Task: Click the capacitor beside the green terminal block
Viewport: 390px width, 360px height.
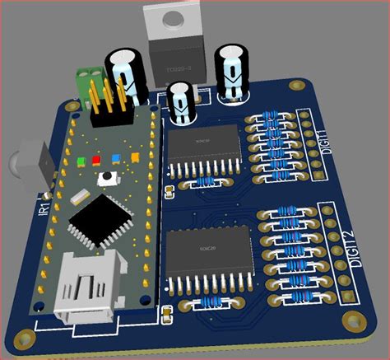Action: coord(127,72)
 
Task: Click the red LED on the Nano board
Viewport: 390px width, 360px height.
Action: coord(96,160)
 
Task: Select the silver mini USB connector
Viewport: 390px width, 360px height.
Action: coord(85,301)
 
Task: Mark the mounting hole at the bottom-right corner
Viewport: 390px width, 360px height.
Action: coord(356,325)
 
